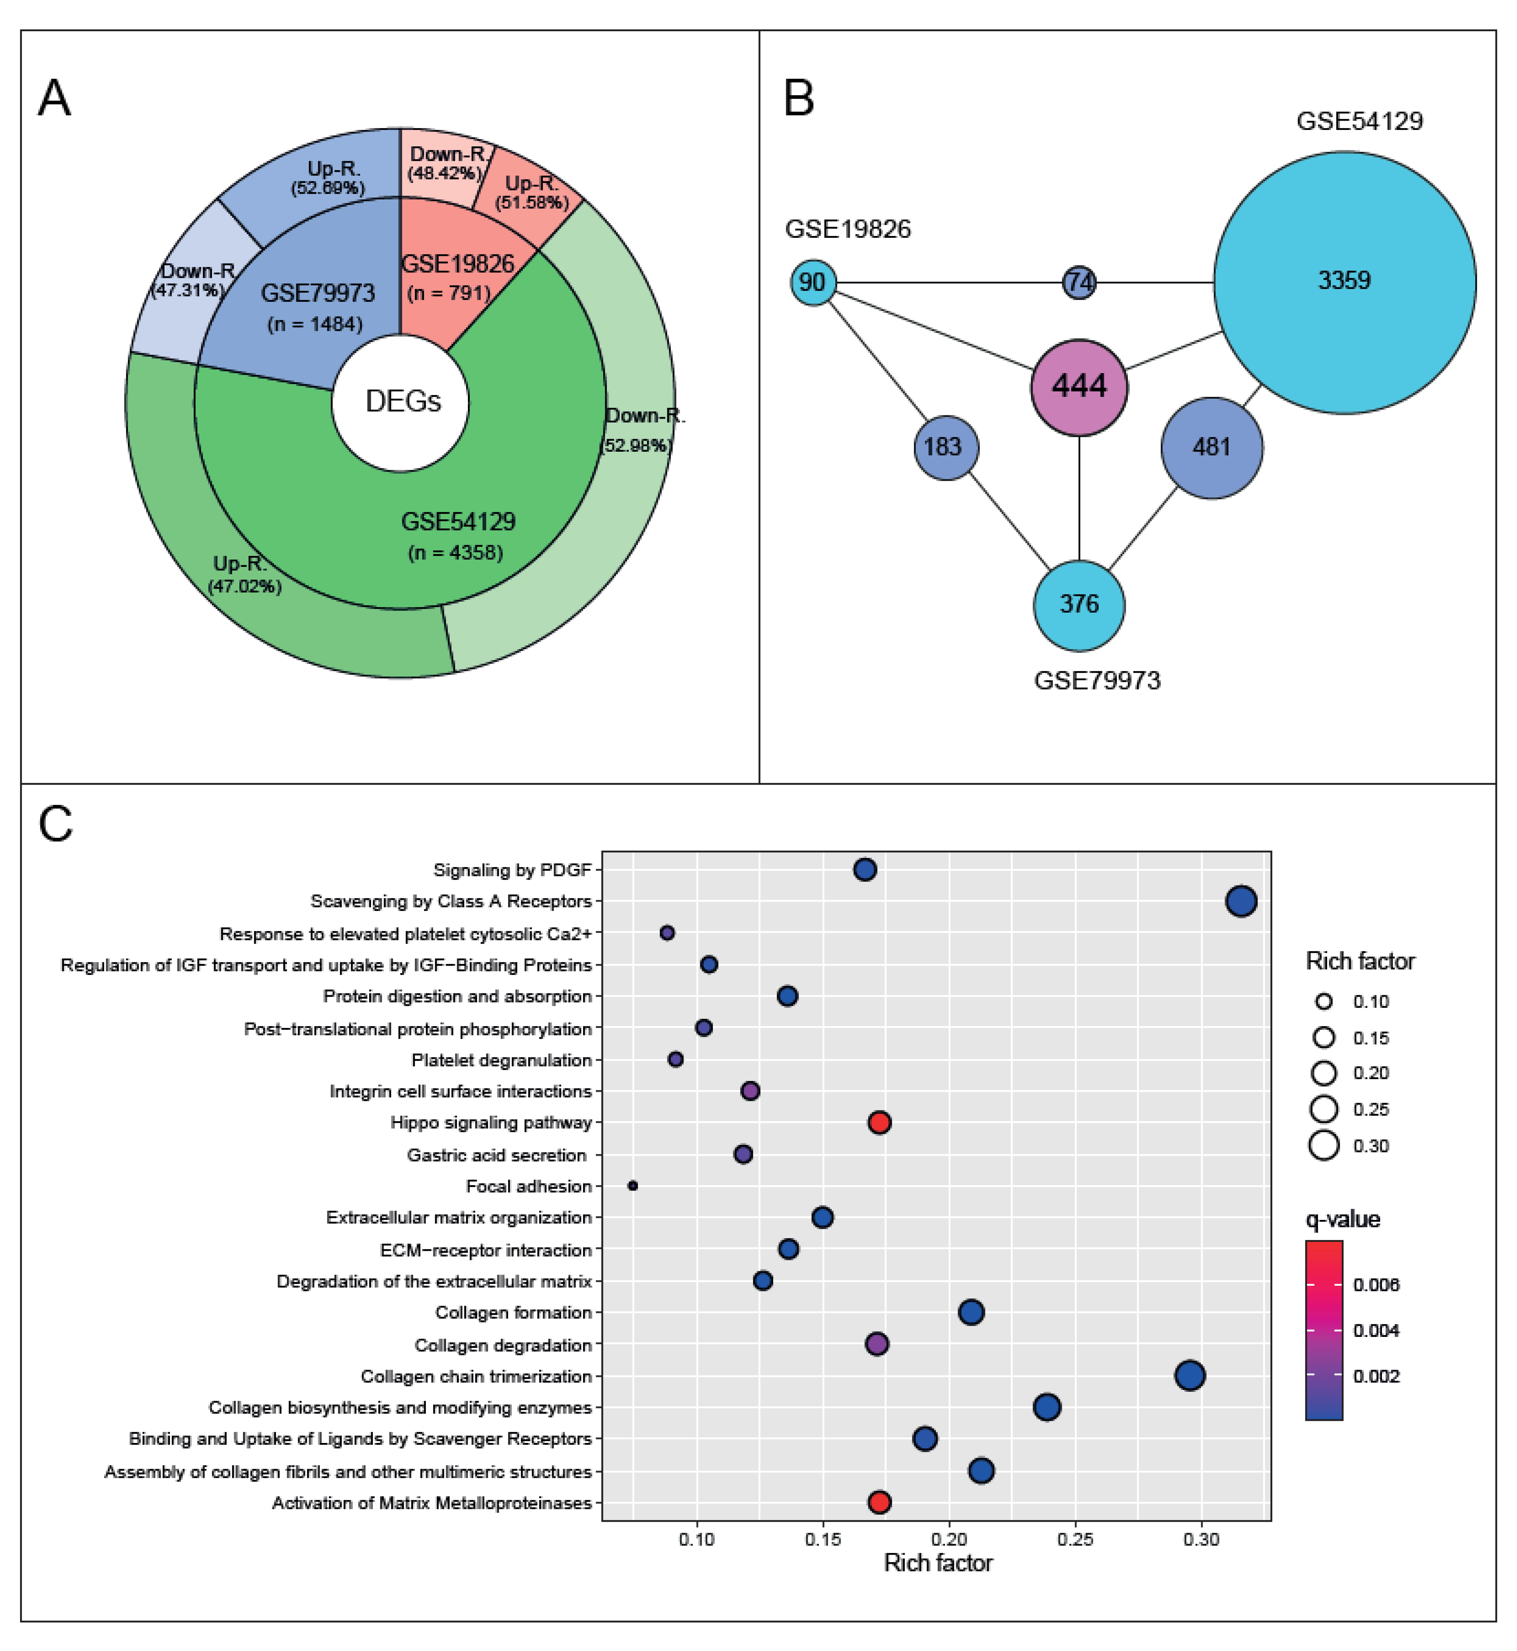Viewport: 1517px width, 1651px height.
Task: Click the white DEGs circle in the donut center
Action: pyautogui.click(x=401, y=402)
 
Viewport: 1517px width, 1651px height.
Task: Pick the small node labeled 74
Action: pyautogui.click(x=1078, y=282)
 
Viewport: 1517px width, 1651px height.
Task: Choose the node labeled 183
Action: pyautogui.click(x=946, y=447)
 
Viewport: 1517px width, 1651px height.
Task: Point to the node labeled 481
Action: pyautogui.click(x=1212, y=447)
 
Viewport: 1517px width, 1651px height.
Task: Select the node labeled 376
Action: pyautogui.click(x=1078, y=605)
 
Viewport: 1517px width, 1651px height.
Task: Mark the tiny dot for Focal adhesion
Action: pyautogui.click(x=632, y=1186)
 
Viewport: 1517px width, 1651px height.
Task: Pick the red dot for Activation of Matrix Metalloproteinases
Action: pyautogui.click(x=879, y=1502)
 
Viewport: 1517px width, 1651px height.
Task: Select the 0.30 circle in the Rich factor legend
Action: pyautogui.click(x=1323, y=1145)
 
